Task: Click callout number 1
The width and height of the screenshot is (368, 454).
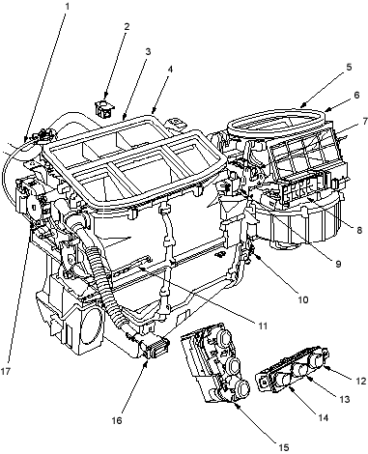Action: [68, 7]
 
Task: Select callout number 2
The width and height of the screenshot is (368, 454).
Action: [127, 26]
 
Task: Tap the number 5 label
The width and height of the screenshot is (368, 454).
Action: [349, 67]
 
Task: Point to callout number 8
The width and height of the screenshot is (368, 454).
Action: [359, 230]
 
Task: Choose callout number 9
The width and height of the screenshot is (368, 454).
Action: [338, 264]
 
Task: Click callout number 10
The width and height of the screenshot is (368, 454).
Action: [303, 299]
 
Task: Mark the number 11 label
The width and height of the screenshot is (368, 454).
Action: [263, 326]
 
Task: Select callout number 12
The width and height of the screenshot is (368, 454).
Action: [361, 381]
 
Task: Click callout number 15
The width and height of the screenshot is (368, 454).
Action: [284, 447]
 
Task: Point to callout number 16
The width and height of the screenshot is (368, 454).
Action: [117, 420]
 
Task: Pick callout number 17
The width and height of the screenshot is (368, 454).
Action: [6, 371]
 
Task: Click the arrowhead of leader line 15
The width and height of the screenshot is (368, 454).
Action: [237, 404]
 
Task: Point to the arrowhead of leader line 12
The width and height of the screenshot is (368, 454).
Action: [326, 367]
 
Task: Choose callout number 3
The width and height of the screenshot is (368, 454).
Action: [148, 51]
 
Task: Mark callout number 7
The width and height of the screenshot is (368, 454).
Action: [364, 122]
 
